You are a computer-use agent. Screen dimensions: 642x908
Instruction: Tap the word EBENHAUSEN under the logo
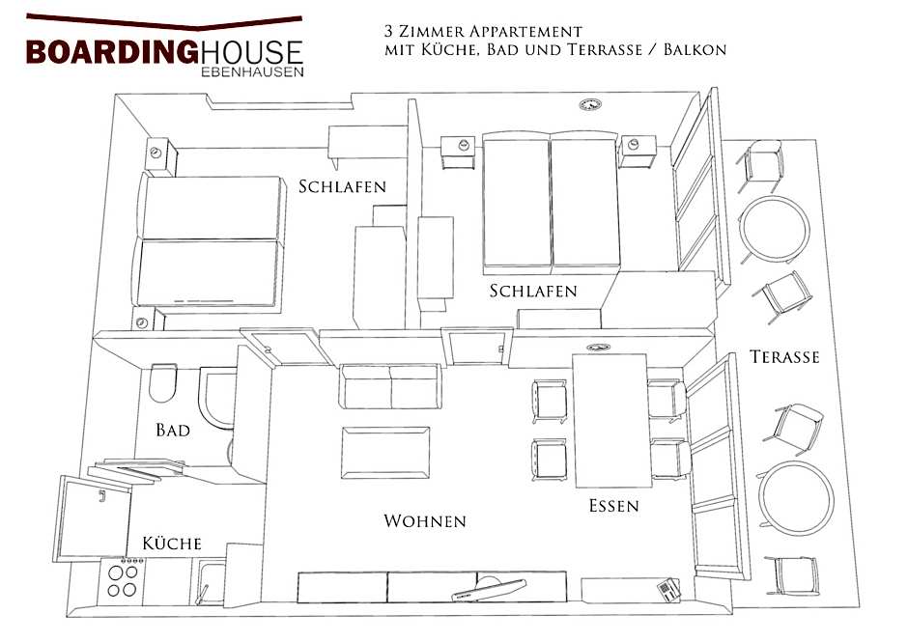coord(253,71)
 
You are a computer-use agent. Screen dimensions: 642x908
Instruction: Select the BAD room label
coord(173,430)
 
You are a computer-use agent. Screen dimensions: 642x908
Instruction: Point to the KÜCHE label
coord(172,544)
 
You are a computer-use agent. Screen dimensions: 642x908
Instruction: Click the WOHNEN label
coord(425,521)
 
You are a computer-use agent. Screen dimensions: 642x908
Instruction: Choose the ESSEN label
coord(614,505)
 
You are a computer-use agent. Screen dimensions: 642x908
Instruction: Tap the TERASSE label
coord(784,357)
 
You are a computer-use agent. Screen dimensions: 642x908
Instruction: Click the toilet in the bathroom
coord(163,384)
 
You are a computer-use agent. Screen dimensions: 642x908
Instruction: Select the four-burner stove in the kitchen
coord(123,579)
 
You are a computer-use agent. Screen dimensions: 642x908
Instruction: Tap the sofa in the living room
coord(389,386)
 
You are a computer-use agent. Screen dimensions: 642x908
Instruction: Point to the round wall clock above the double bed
coord(590,103)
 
